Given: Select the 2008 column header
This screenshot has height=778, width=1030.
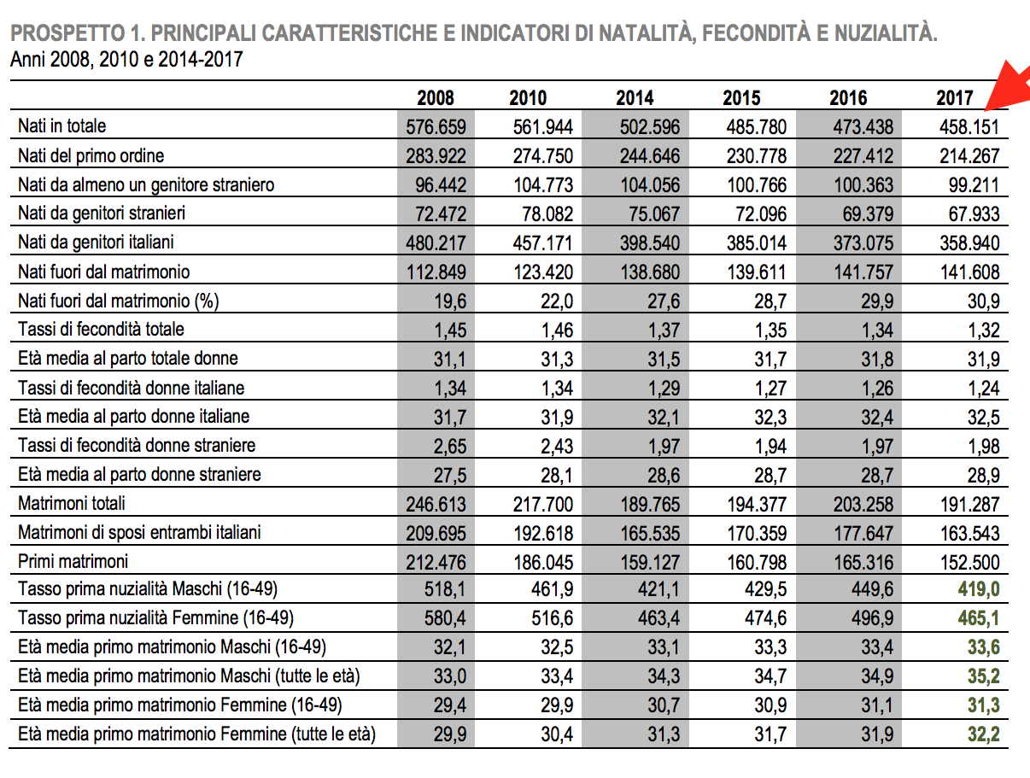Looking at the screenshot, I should pos(436,98).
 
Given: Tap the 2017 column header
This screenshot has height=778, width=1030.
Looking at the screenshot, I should pos(954,98).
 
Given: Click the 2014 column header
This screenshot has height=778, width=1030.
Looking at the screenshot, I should pos(635,98).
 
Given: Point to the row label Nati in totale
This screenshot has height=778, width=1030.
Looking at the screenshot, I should pos(62,126).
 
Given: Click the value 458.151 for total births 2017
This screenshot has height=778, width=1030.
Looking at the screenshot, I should pos(969,127).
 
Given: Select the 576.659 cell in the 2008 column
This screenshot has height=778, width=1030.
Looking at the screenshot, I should pos(436,127).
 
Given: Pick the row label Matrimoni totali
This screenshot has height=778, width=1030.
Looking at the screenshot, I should pos(72,504).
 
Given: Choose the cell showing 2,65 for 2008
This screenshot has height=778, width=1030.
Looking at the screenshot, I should pos(448,446).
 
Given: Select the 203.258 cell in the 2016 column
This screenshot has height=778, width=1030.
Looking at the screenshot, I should pos(862,504).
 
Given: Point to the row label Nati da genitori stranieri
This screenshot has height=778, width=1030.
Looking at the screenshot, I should pos(102,214).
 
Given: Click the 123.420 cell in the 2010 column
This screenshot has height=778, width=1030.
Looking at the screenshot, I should pos(542,272).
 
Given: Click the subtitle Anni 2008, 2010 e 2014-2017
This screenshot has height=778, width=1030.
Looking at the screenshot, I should pos(126,60).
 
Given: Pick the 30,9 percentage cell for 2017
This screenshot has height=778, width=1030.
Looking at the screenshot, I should pos(983,301).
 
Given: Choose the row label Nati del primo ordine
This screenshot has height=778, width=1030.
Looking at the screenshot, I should pos(91,155).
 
